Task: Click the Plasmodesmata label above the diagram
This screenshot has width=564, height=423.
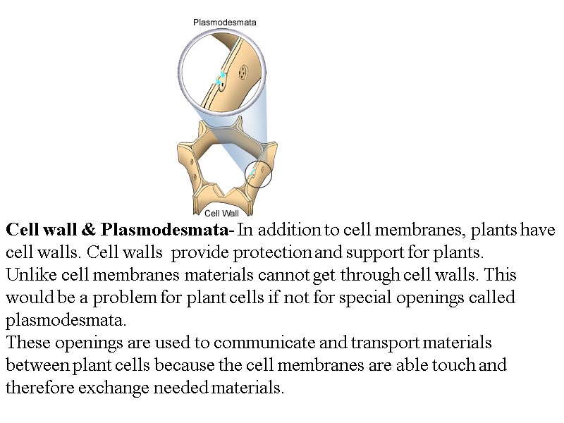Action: coord(225,22)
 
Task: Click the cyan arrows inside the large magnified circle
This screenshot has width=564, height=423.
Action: coord(221,78)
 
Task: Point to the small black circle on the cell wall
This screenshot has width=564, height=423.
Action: coord(257,173)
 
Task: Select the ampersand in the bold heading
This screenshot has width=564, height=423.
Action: coord(89,231)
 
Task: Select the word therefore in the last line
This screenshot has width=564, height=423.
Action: coord(37,387)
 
